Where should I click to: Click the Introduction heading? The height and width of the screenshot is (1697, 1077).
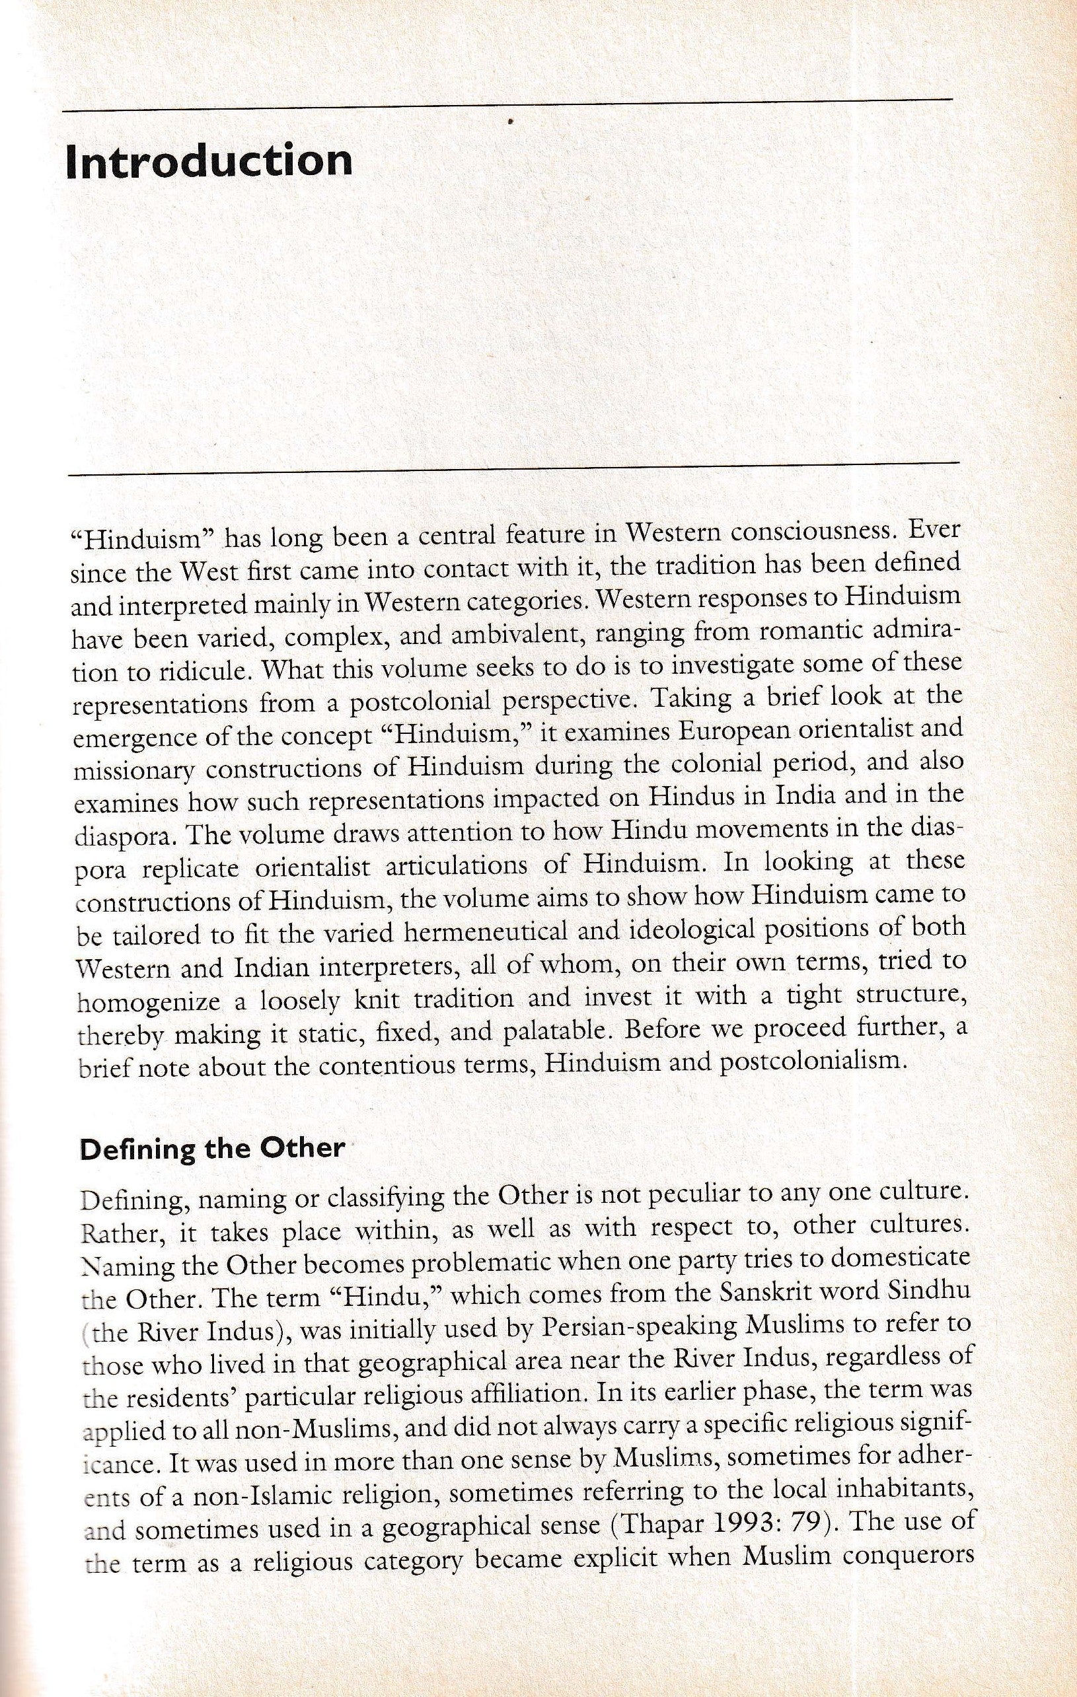point(209,161)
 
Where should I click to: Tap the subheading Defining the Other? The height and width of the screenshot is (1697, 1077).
point(212,1148)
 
